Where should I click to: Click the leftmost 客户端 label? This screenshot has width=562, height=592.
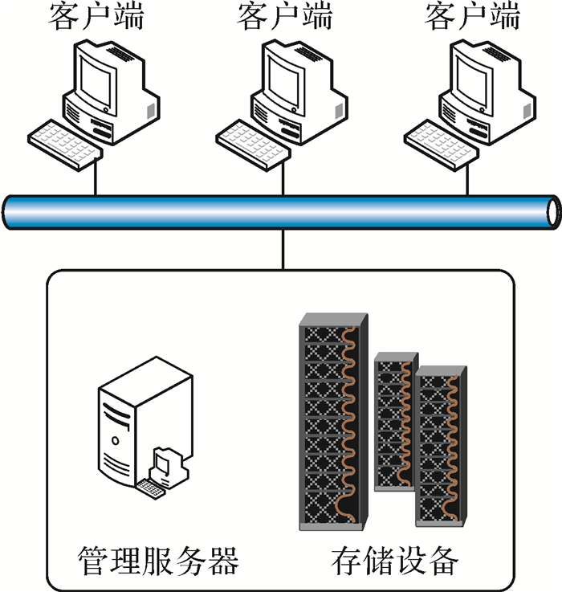96,16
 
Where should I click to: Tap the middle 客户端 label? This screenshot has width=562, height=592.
283,16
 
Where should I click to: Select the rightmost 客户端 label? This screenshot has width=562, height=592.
471,16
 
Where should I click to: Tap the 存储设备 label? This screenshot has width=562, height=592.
394,559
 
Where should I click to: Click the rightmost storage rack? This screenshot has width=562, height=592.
439,446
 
